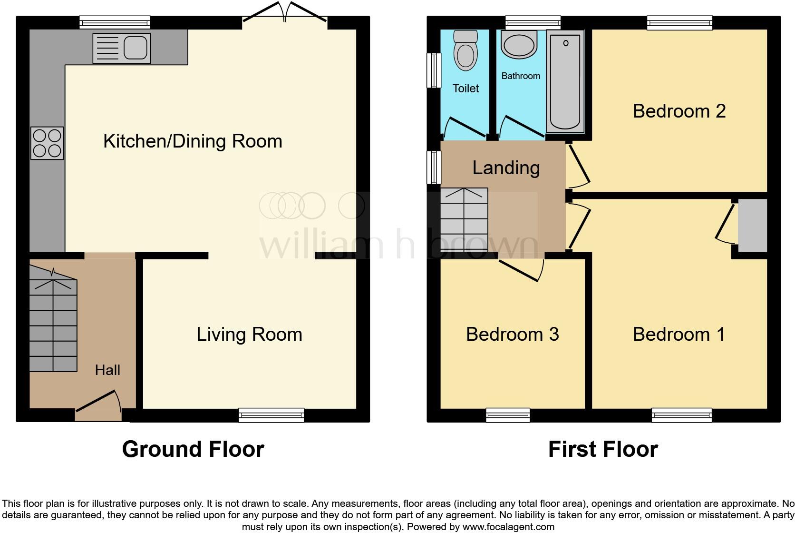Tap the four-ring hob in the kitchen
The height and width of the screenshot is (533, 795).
47,143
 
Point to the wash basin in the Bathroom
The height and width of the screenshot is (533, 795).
519,45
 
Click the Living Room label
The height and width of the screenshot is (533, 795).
249,335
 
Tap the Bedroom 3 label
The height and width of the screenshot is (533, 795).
512,335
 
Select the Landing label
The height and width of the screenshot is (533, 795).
506,168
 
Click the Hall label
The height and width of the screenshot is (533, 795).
107,370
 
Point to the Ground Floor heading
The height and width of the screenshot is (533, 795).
193,449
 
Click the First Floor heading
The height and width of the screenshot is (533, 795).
603,449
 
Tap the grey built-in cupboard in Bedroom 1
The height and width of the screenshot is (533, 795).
752,225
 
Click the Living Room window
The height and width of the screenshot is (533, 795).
271,415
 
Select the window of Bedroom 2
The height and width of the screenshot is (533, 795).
679,22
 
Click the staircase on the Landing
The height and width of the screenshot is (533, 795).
464,219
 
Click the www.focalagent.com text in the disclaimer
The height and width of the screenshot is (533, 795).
508,527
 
